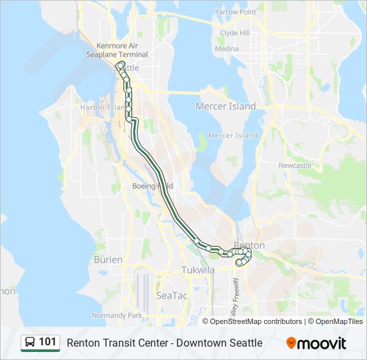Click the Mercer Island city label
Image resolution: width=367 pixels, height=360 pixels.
point(226,107)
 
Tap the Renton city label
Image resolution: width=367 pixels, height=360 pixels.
point(250,245)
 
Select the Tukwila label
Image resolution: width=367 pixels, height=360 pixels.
point(198,270)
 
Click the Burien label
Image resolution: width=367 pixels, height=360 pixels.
point(108,259)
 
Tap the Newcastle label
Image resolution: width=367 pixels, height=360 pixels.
point(295,165)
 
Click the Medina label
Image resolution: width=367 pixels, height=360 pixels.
point(227,49)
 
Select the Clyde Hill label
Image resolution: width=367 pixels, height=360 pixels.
point(234,33)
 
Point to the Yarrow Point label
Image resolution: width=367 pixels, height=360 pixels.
point(236,12)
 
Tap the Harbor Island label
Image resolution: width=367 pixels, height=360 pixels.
point(103,107)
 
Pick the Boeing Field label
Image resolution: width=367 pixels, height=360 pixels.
point(153,186)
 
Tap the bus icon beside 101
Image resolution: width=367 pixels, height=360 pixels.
point(30,343)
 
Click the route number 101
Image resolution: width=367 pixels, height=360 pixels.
point(47,343)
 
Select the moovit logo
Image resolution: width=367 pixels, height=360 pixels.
point(316,343)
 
